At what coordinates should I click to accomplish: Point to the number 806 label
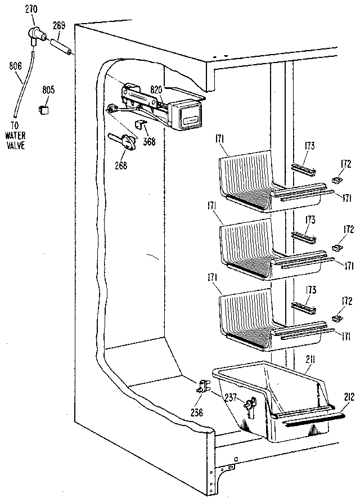pyautogui.click(x=15, y=65)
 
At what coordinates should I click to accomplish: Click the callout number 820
pyautogui.click(x=155, y=89)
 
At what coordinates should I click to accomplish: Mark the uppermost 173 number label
pyautogui.click(x=309, y=146)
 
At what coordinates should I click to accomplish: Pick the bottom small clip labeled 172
pyautogui.click(x=338, y=318)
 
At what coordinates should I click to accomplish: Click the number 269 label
pyautogui.click(x=59, y=25)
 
